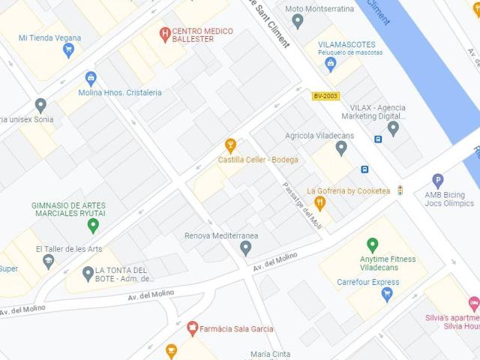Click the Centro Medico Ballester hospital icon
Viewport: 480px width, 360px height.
(165, 33)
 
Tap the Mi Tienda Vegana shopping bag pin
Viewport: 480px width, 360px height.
(69, 51)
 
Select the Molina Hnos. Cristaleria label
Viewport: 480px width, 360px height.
(119, 93)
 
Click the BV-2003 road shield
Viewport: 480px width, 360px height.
(325, 96)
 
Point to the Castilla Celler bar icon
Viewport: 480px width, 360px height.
(231, 145)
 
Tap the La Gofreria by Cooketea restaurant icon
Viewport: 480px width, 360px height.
(320, 202)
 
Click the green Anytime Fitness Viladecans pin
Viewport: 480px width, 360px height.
(371, 244)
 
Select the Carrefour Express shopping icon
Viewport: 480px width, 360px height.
(387, 294)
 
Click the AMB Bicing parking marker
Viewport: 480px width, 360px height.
(438, 180)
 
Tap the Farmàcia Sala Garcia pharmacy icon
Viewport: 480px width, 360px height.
(193, 328)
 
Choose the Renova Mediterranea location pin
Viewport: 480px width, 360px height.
(246, 248)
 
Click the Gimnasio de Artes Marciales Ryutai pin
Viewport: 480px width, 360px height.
(93, 225)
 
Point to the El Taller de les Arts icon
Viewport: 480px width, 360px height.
(49, 261)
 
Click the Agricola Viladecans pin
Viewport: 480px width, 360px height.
(341, 148)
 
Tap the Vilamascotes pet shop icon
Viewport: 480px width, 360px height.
(330, 65)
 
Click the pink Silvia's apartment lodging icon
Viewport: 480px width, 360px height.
(473, 304)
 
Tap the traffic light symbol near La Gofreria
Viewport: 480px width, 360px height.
(400, 190)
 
